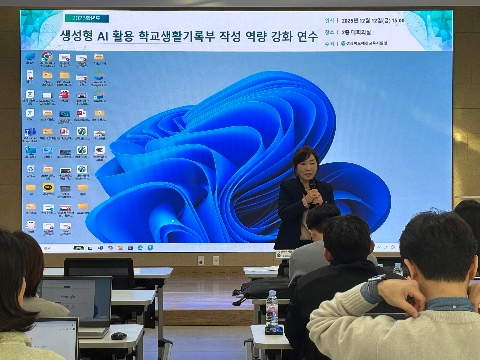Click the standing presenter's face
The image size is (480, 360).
302,163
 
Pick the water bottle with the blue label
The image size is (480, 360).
271,312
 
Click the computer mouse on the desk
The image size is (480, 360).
119,336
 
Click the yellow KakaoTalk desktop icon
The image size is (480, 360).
47,187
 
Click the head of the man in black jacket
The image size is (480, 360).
346,241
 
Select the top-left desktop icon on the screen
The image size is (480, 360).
31,58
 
